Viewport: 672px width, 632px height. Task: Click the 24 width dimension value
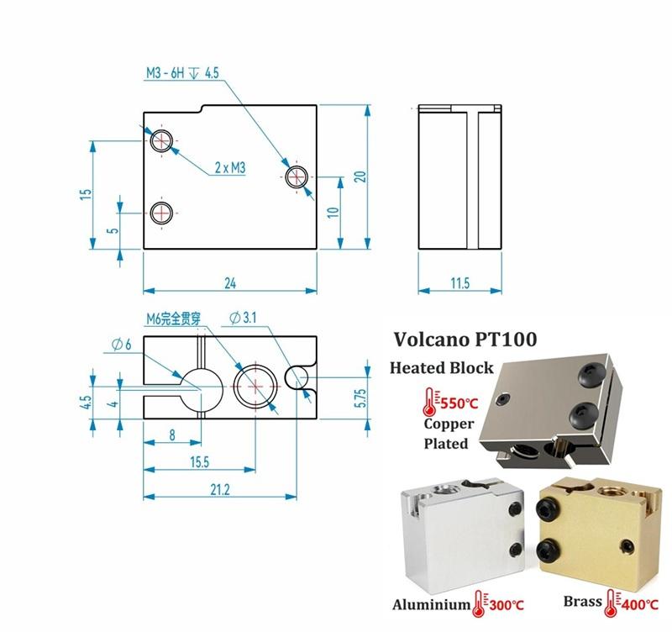pos(230,284)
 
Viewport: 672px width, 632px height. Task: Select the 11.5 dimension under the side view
pos(459,284)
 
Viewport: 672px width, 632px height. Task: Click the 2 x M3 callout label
pos(228,168)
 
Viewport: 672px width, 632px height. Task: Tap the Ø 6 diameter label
pos(121,343)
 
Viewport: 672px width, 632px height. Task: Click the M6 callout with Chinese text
pos(170,318)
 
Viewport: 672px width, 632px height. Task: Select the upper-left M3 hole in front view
pos(160,140)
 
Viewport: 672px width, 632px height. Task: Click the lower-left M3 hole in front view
pos(160,213)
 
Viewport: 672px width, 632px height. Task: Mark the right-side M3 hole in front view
pos(297,177)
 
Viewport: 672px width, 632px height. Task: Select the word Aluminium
pos(431,603)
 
